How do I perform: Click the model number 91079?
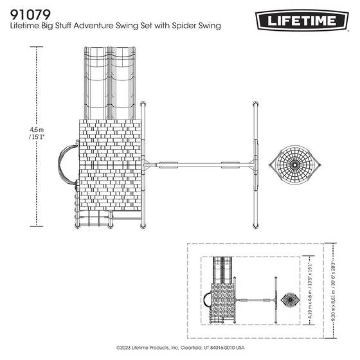click(x=32, y=13)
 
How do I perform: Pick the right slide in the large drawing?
click(x=123, y=80)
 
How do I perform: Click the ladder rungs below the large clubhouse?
click(x=94, y=220)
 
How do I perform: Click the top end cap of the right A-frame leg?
click(x=256, y=105)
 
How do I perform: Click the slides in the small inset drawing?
click(x=222, y=270)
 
